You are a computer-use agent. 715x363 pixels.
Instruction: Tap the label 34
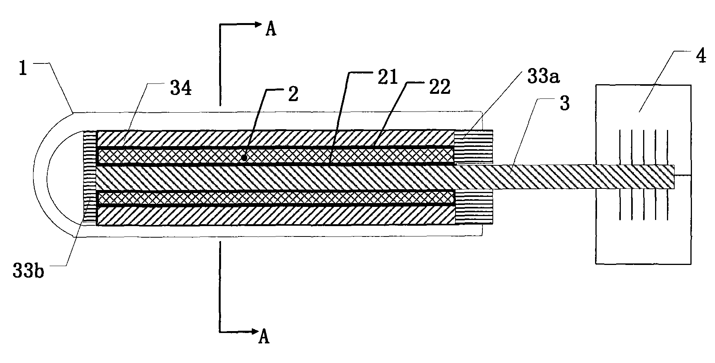181,89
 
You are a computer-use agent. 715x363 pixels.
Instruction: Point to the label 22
440,87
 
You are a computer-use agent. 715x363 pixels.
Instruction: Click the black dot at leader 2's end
244,157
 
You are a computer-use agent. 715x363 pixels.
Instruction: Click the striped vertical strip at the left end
89,178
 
